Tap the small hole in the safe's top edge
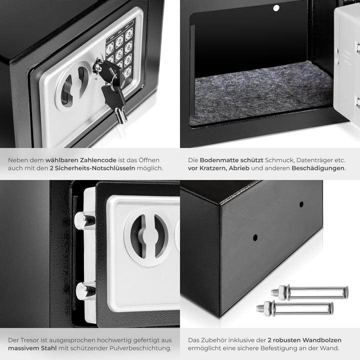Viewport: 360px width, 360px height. (274, 8)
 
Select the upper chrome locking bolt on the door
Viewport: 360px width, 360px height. (84, 219)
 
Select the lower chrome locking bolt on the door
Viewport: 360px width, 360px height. (85, 290)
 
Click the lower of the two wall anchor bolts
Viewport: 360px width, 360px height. (295, 307)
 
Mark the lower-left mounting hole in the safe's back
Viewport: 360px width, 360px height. (255, 237)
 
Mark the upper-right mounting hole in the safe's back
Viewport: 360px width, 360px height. (301, 204)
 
